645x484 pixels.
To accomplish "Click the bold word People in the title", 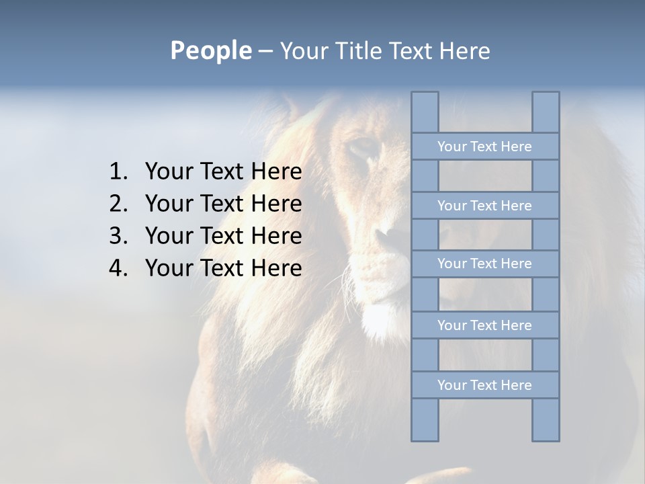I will (210, 50).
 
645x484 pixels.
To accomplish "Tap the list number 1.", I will (118, 172).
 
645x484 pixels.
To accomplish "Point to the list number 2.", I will (118, 204).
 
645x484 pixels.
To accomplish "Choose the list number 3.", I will (118, 236).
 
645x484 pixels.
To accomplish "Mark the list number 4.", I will (118, 268).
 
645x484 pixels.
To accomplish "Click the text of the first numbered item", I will (223, 172).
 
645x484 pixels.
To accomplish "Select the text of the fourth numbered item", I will (223, 268).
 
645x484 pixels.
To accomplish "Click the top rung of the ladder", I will (484, 147).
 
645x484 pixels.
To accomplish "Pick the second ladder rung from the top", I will (484, 206).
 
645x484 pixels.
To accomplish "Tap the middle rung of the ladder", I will (484, 264).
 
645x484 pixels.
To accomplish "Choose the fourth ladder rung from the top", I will (484, 325).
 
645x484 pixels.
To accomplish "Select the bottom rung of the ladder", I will (484, 385).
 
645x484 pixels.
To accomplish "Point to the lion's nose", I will (388, 235).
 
